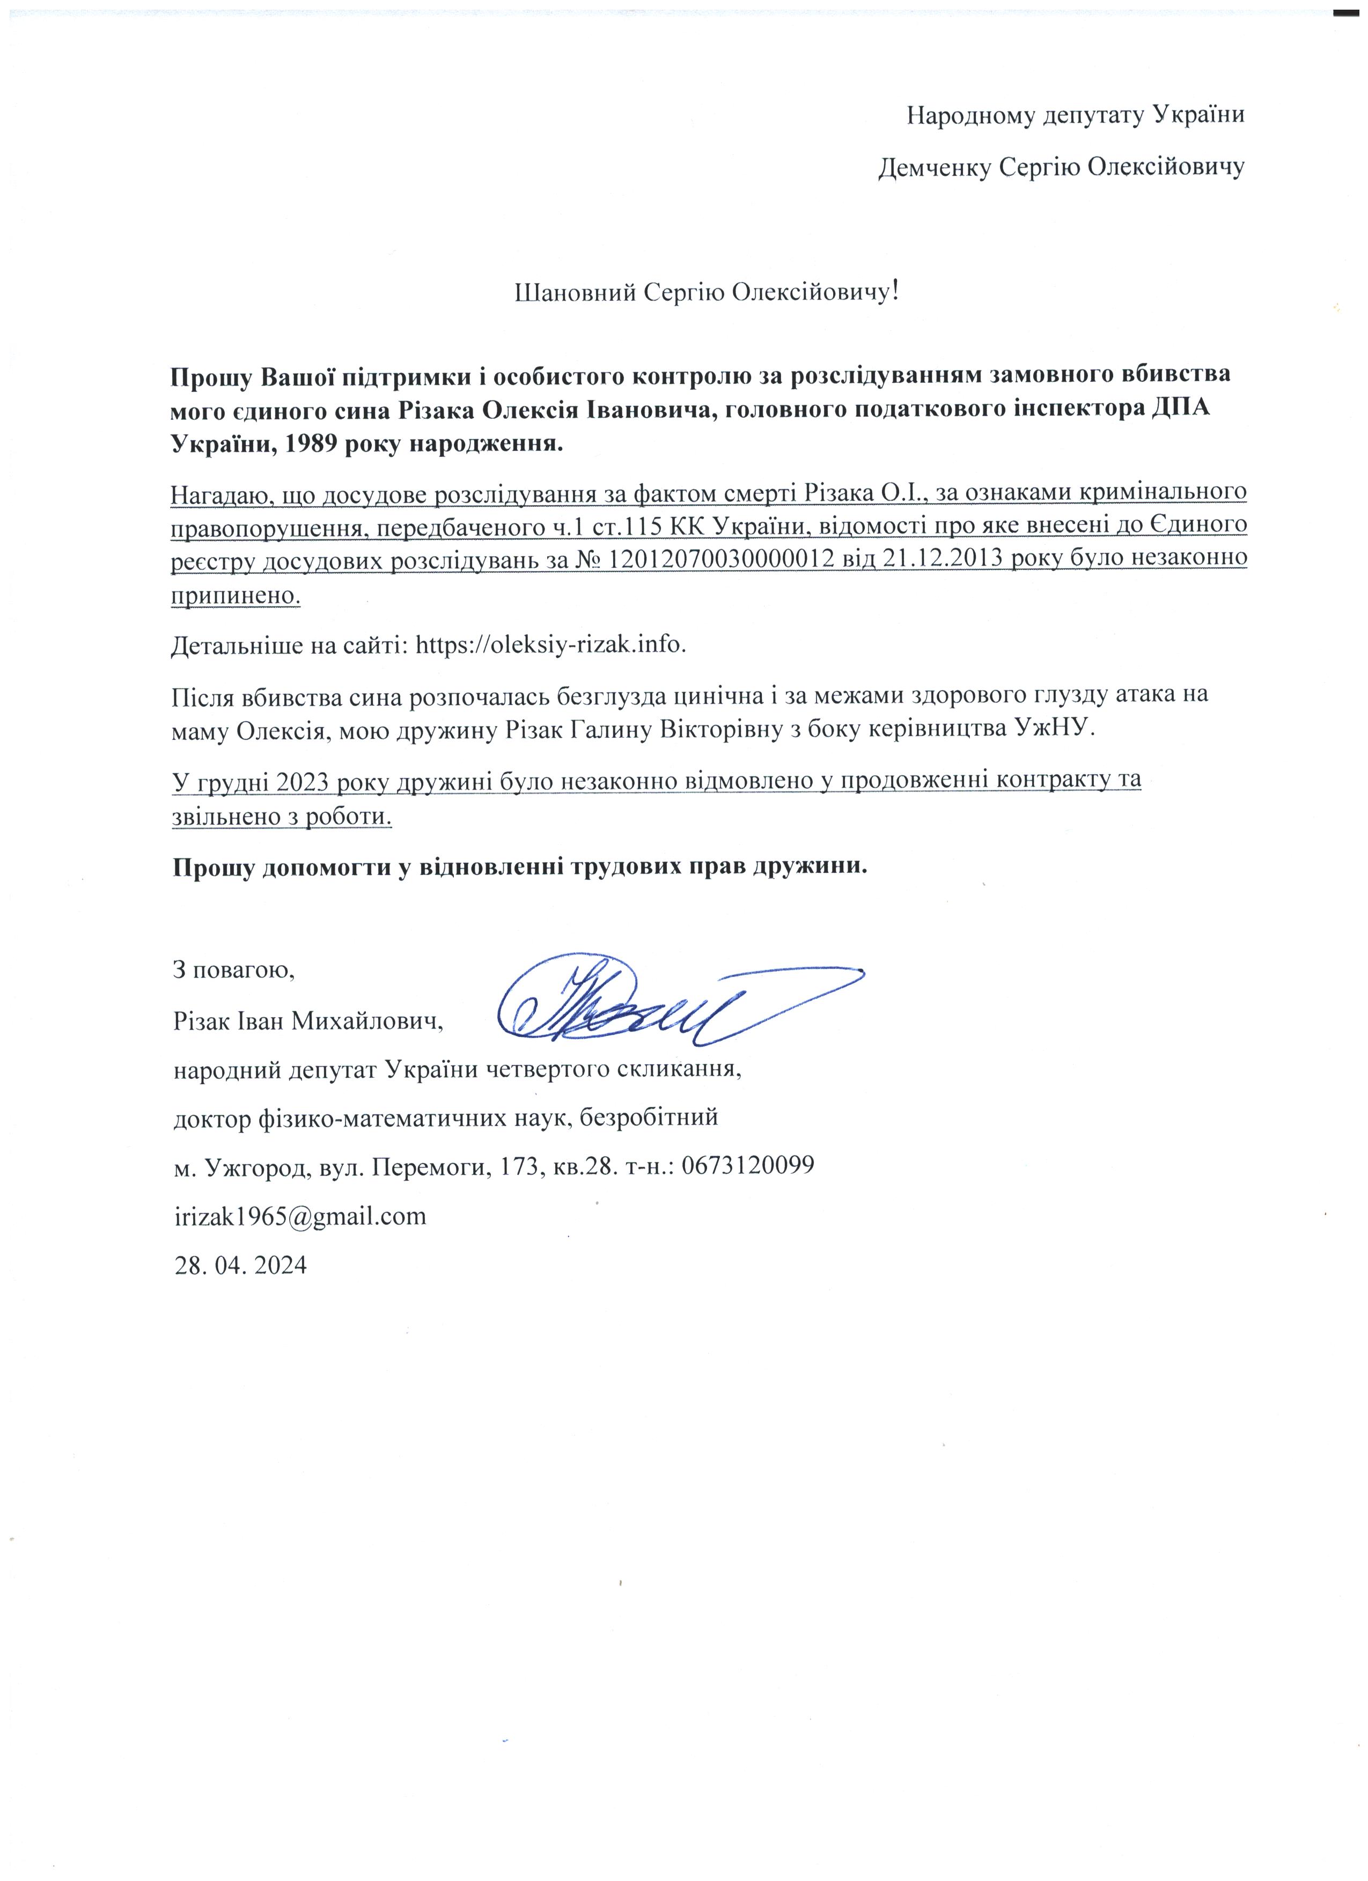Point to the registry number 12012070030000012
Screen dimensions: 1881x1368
(x=721, y=559)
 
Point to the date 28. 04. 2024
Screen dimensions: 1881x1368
(x=240, y=1265)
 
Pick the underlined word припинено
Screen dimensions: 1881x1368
(x=236, y=595)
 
